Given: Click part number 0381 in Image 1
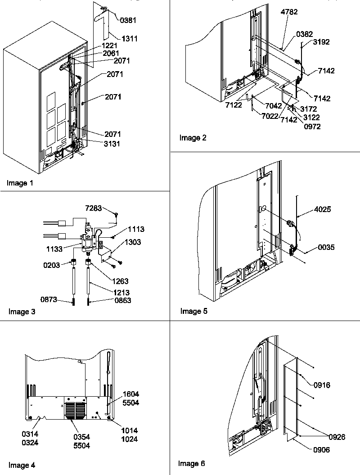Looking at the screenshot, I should point(128,20).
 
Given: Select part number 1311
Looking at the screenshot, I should point(128,39).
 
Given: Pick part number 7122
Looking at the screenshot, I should point(234,105).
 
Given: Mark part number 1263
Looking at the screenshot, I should point(120,281).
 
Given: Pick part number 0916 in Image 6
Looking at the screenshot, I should point(322,385).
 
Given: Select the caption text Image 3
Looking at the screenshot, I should point(22,311).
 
